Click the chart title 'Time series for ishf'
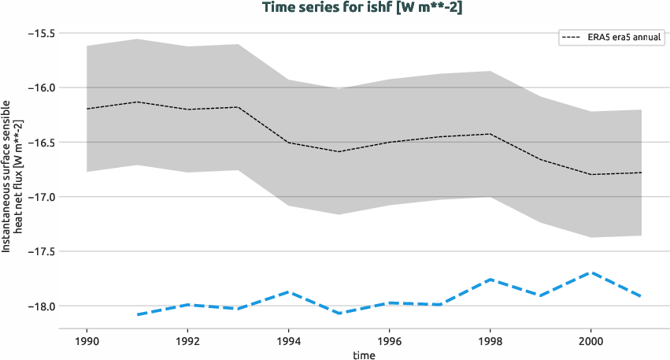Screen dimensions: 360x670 click(335, 7)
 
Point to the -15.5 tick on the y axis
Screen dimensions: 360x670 click(42, 34)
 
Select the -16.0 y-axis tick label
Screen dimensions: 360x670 click(42, 88)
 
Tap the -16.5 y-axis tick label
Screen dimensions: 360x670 click(42, 143)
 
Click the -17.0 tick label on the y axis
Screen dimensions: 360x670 click(42, 197)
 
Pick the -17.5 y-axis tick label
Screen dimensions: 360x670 click(42, 251)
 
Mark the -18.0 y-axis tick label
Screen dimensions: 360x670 click(42, 306)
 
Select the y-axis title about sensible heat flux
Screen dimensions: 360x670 click(11, 176)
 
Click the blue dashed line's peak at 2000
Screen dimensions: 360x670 click(590, 273)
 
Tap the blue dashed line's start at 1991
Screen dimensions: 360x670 click(138, 314)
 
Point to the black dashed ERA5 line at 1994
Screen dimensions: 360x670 click(288, 143)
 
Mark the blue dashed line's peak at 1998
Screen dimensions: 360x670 click(490, 280)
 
